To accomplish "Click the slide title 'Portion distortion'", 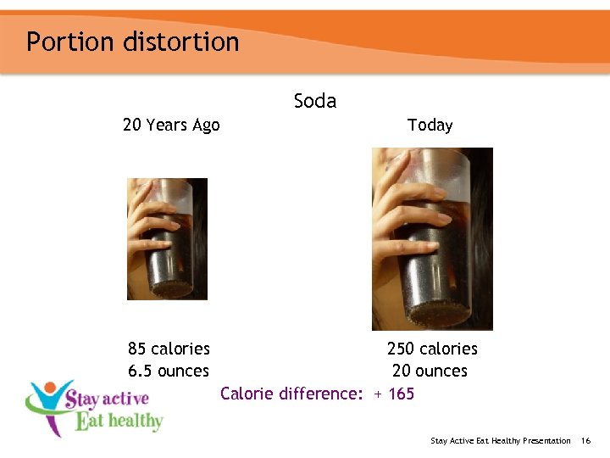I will pyautogui.click(x=132, y=42).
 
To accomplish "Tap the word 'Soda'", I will pyautogui.click(x=315, y=101).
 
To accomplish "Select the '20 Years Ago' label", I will pyautogui.click(x=171, y=126).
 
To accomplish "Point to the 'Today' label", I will pyautogui.click(x=430, y=126).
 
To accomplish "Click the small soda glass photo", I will pyautogui.click(x=167, y=239).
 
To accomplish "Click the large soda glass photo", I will pyautogui.click(x=432, y=239).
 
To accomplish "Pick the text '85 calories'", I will pyautogui.click(x=169, y=349).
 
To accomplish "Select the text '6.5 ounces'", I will pyautogui.click(x=168, y=371).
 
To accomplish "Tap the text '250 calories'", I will pyautogui.click(x=432, y=349).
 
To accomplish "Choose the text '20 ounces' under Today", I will pyautogui.click(x=430, y=371).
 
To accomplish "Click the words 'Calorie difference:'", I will pyautogui.click(x=291, y=394).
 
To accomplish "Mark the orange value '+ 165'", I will pyautogui.click(x=394, y=394).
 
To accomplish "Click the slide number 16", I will pyautogui.click(x=585, y=440).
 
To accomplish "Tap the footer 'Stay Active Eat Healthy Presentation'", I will pyautogui.click(x=501, y=440).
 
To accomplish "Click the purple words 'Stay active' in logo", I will pyautogui.click(x=107, y=399).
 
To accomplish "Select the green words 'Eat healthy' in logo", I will pyautogui.click(x=119, y=421).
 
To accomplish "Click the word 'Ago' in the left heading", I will pyautogui.click(x=206, y=126).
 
